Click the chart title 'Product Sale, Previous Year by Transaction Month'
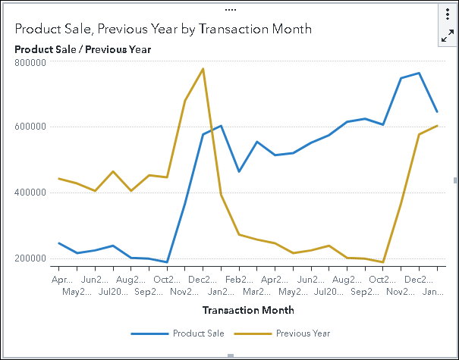point(163,29)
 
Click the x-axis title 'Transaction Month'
point(248,310)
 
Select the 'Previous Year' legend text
point(303,333)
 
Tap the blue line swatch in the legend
point(149,333)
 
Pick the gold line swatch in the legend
point(252,333)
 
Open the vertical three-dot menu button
point(448,15)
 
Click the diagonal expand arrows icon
point(448,36)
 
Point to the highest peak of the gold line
point(203,69)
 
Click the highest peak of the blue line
point(419,74)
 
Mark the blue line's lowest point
point(167,262)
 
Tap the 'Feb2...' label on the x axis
point(239,279)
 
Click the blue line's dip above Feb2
point(239,171)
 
